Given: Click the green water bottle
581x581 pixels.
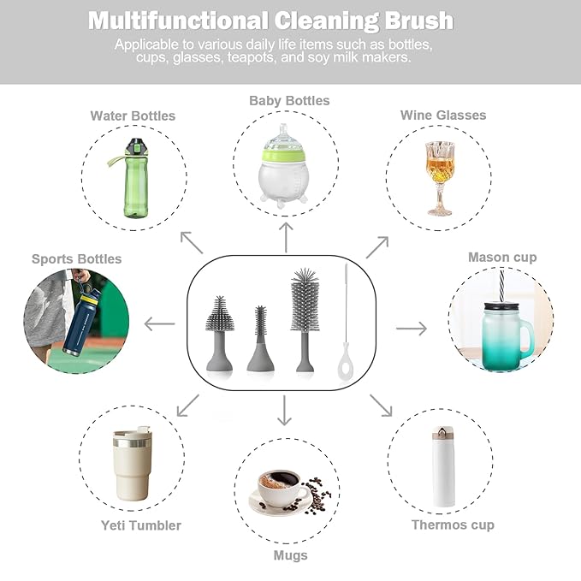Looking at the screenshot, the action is coord(136,178).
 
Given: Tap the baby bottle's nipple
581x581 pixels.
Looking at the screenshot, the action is coord(283,137).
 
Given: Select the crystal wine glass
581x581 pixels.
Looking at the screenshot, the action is coord(440,178).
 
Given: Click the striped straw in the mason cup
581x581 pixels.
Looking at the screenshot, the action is coord(502,286).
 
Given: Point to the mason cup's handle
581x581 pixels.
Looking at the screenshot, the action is coord(527,339).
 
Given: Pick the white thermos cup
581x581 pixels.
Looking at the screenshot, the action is coord(443,466).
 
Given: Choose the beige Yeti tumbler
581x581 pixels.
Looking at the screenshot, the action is coord(132,465).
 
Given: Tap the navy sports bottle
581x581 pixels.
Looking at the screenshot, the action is coord(81,323).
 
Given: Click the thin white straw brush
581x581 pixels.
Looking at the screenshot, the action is coord(346,323).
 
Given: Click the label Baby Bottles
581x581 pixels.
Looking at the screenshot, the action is coord(289,101).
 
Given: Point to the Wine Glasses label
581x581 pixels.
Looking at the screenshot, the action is coord(443,116).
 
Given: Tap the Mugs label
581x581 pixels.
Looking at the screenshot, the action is coord(291,555).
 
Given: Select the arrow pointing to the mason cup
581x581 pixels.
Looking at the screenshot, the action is coord(412,329).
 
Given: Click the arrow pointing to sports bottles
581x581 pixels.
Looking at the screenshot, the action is coord(159,323).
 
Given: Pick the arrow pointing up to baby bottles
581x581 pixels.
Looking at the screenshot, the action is coord(286,238).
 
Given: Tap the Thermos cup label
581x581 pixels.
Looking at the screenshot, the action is coord(453,525).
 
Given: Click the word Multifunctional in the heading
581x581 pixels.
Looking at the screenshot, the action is coord(178,21).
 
